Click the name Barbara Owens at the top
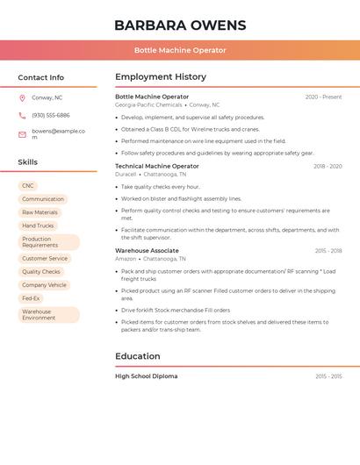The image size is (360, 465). point(180,25)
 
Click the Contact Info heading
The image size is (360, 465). point(41,77)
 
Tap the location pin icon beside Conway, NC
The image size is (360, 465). point(22,97)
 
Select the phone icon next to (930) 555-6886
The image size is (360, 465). point(22,115)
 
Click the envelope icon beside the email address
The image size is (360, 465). point(22,134)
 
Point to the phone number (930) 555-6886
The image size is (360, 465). point(51,115)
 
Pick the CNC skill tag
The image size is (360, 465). point(28,186)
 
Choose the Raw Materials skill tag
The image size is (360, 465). point(40,212)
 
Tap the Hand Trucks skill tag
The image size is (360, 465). point(38,225)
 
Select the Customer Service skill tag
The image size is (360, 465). point(45,259)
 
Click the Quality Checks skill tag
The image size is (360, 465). point(41,272)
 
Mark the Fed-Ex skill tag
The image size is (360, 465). point(31,298)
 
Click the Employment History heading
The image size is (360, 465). point(161,77)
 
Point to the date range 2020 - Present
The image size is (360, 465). point(323,97)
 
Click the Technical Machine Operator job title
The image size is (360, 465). point(157,166)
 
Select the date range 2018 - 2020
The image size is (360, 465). point(328,166)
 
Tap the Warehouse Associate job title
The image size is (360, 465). point(147,251)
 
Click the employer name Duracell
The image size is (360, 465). point(126,174)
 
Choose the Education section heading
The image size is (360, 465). point(138,356)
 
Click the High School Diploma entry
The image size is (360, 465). point(146,376)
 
